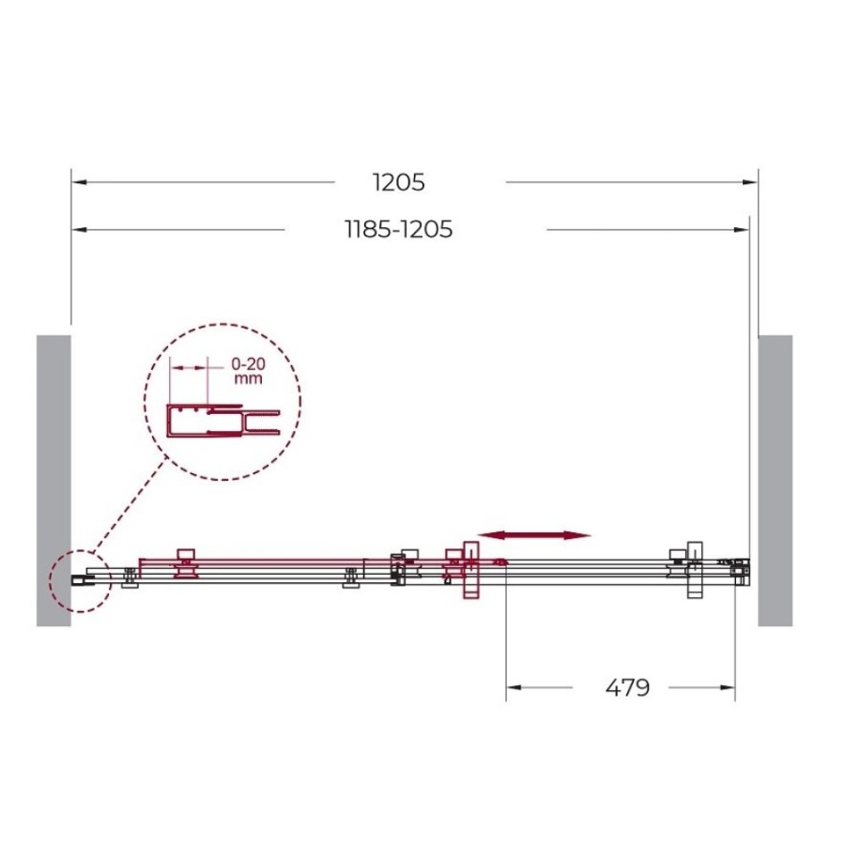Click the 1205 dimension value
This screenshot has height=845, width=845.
(398, 182)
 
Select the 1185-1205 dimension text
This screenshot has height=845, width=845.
(398, 230)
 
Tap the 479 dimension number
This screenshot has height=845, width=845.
(627, 687)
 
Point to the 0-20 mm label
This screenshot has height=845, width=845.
(248, 371)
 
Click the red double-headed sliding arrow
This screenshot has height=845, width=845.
(534, 535)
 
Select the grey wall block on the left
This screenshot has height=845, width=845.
(54, 481)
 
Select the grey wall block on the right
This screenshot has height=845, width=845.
(775, 481)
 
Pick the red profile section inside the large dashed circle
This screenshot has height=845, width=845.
(223, 421)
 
